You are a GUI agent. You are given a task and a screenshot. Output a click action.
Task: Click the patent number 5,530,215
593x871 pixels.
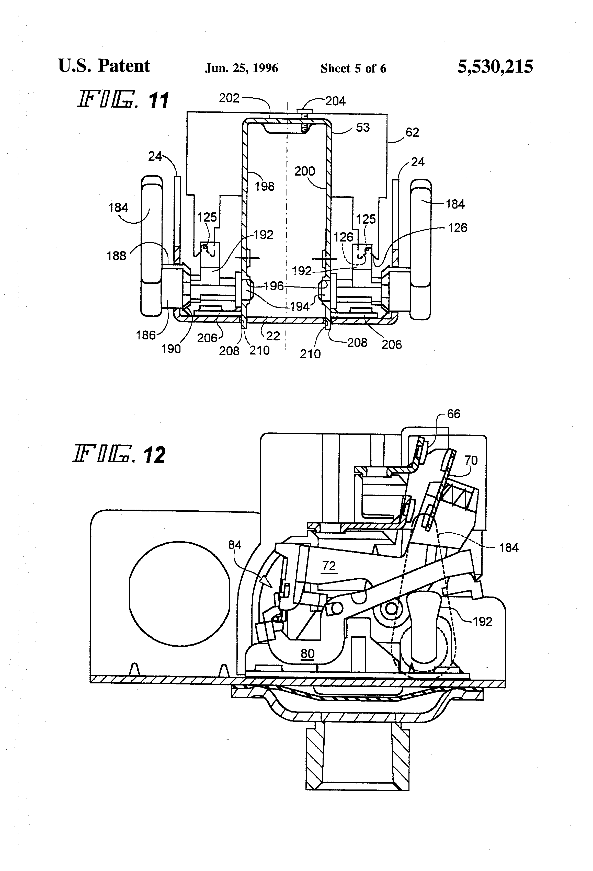click(495, 67)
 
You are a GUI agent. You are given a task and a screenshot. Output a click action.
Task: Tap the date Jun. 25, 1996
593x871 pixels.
click(241, 68)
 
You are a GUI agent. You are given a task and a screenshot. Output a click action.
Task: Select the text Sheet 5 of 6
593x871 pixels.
click(353, 68)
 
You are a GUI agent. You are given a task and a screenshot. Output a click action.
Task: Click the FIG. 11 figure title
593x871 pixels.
click(123, 100)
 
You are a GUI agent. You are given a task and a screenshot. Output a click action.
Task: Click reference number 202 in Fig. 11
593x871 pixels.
click(229, 98)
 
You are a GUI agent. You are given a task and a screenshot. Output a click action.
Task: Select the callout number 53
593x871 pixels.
click(362, 128)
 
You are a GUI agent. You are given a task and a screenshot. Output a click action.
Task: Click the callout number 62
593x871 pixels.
click(412, 132)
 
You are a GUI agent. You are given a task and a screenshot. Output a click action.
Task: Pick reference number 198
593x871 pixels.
click(265, 186)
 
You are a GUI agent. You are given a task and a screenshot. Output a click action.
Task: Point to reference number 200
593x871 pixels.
click(304, 171)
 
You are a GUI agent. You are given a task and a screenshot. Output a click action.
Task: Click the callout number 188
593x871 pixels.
click(116, 256)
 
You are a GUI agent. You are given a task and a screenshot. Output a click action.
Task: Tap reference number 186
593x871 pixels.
click(145, 335)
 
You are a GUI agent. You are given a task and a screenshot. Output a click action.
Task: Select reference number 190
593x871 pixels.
click(171, 349)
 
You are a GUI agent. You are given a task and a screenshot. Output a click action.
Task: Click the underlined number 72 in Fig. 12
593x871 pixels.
click(329, 566)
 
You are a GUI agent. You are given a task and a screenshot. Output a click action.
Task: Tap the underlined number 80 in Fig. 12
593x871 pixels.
click(307, 654)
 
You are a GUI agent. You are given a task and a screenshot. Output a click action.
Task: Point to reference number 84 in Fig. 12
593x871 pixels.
click(235, 545)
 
